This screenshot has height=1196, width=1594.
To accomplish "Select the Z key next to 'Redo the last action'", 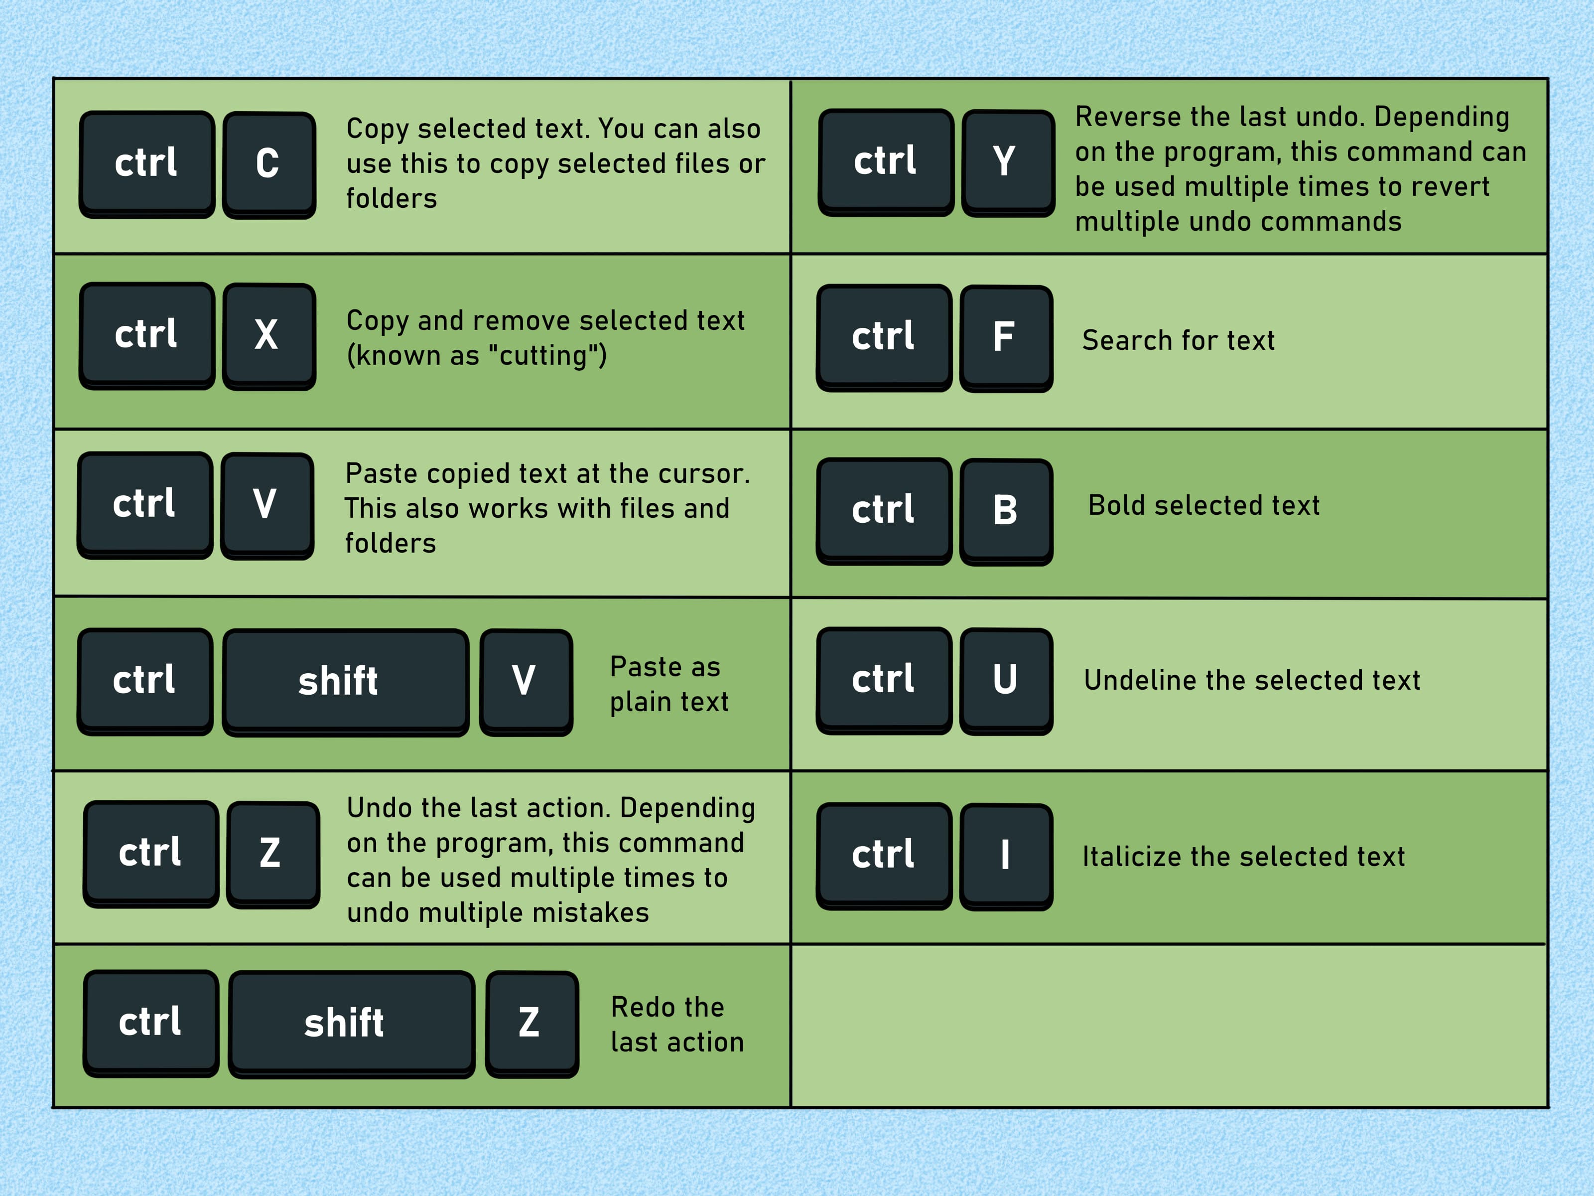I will (x=531, y=1023).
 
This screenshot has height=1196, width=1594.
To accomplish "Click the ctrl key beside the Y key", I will (x=885, y=161).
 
